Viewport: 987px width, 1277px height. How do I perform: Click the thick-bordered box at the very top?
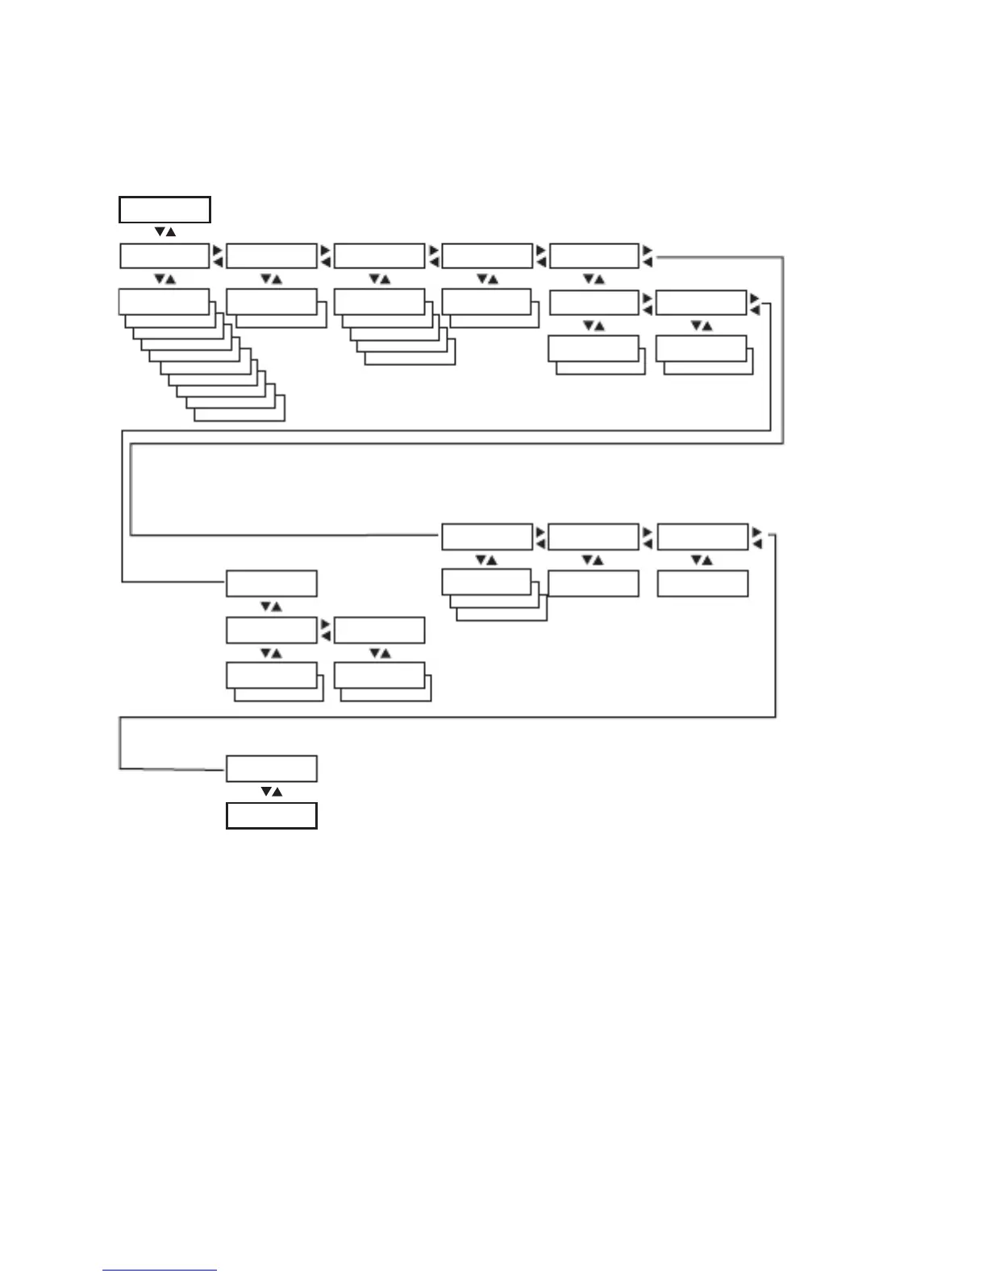[x=164, y=209]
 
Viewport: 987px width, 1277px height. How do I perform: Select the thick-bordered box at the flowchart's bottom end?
[x=271, y=816]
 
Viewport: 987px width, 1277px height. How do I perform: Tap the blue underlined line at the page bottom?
[x=160, y=1270]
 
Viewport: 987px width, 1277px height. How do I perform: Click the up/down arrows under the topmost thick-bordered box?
[x=164, y=232]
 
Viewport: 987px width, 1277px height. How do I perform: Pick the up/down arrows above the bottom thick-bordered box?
[x=271, y=792]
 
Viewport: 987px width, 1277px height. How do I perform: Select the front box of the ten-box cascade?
[x=164, y=302]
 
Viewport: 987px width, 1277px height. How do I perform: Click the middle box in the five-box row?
[x=379, y=256]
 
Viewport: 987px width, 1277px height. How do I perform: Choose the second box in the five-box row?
[x=271, y=256]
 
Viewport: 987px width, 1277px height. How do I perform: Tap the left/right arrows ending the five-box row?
[x=648, y=256]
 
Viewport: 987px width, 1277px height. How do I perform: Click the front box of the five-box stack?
[x=379, y=302]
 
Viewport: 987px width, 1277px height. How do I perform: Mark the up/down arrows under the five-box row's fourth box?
[x=486, y=279]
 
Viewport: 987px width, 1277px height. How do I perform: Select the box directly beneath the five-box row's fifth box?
[x=593, y=302]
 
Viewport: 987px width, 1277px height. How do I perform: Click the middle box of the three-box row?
[x=593, y=537]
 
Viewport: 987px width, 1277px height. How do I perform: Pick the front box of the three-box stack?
[x=486, y=581]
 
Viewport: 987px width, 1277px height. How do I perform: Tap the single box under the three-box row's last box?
[x=702, y=584]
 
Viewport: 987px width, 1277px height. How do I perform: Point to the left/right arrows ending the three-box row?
[x=756, y=538]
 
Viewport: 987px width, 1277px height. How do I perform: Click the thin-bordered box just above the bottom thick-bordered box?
[x=271, y=768]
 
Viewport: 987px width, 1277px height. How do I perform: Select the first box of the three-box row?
[x=487, y=537]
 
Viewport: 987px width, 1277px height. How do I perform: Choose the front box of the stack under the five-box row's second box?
[x=271, y=302]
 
